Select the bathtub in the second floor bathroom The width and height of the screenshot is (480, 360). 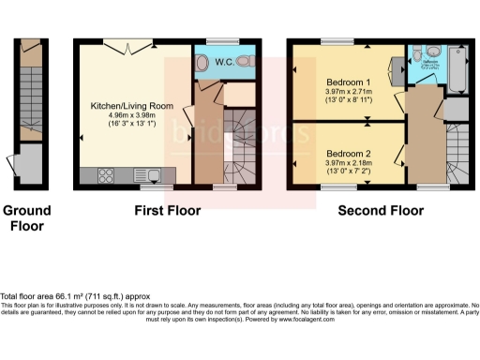(457, 70)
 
